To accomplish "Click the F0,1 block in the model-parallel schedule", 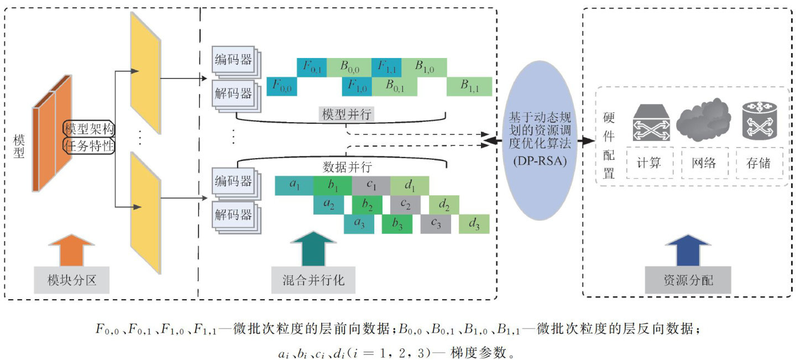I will [x=311, y=67].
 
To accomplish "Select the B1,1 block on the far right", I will [x=469, y=87].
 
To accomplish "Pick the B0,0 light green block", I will [x=349, y=67].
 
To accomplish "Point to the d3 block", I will [x=474, y=224].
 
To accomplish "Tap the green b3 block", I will [x=396, y=224].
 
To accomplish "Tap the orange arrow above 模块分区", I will [x=71, y=249].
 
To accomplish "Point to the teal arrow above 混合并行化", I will [x=313, y=249].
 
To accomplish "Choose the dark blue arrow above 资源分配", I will [x=688, y=249].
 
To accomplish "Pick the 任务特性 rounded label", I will [x=89, y=146].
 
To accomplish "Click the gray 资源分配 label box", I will [x=688, y=280].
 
